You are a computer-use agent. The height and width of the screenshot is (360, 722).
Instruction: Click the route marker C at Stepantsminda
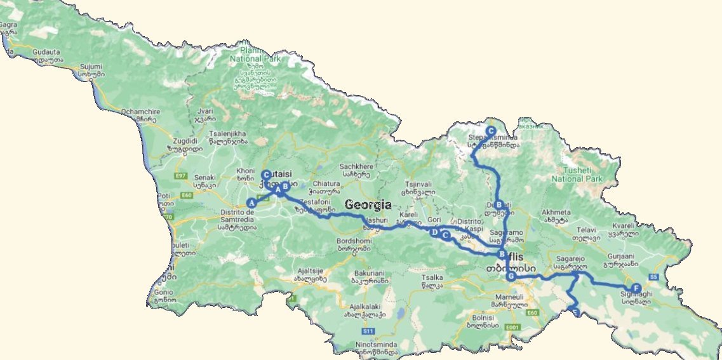point(490,131)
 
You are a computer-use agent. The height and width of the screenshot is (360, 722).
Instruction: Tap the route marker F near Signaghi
point(636,288)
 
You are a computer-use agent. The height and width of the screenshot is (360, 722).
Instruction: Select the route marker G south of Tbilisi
point(511,276)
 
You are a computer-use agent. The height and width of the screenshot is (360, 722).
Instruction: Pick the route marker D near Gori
point(435,233)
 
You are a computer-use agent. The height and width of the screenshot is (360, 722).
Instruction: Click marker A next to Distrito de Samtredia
point(251,203)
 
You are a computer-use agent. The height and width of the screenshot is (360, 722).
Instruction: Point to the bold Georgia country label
point(368,204)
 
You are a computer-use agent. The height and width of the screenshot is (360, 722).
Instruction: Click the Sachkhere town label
point(357,167)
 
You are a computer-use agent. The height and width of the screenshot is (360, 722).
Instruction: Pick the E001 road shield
point(513,326)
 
